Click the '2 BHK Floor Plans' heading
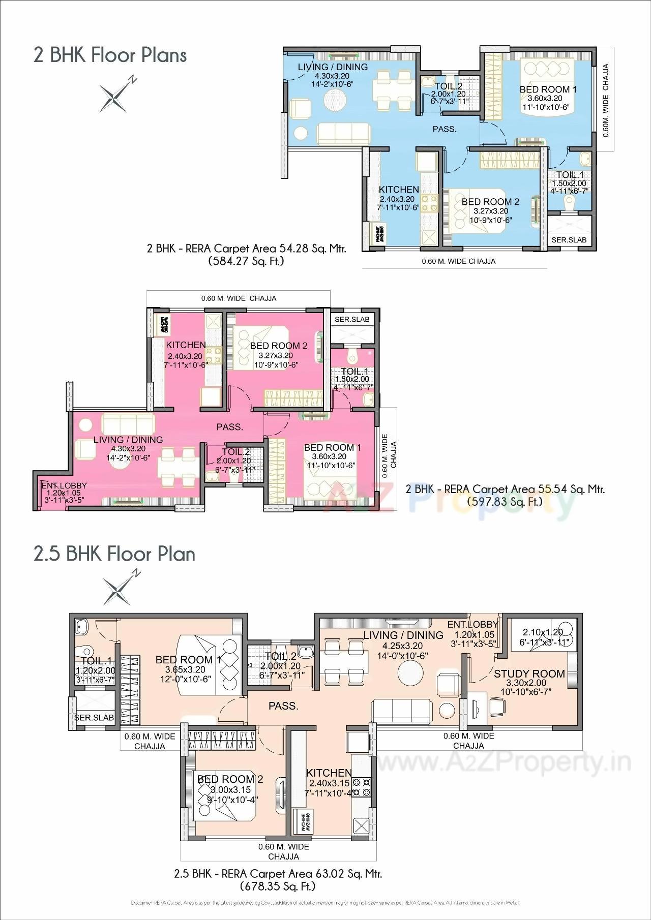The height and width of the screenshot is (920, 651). coord(110,55)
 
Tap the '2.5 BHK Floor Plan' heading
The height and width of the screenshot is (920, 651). coord(114,554)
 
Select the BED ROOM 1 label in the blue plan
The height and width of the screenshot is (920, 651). coord(548,89)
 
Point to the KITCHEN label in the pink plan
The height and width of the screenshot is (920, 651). coord(186,345)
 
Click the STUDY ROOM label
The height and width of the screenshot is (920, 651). coord(529,673)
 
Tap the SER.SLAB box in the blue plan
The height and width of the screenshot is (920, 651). coord(569,239)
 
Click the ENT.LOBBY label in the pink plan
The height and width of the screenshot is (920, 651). coord(64,485)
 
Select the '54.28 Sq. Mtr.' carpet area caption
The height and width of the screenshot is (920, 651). coord(246,249)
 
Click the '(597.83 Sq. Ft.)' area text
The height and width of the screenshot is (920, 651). coord(505,501)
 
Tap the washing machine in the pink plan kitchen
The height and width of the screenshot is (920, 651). coord(164,324)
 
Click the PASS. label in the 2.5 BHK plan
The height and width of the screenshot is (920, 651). coord(283,706)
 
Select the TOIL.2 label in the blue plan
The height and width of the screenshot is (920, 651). coord(448,86)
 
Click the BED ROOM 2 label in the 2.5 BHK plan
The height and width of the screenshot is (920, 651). coord(230,779)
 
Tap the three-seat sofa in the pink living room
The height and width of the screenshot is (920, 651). coord(128,423)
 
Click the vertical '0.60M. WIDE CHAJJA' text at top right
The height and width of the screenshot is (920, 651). coord(606,100)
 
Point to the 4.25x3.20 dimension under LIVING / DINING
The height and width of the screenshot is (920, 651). coord(403,646)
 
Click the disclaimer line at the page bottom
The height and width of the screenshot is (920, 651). coord(325,903)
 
